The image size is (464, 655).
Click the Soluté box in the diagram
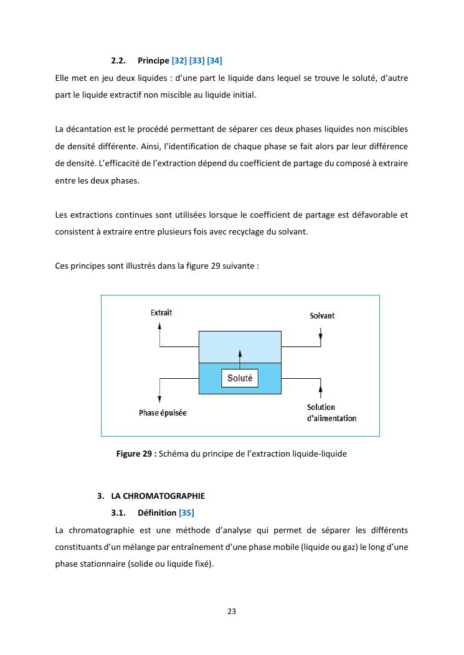[x=240, y=378]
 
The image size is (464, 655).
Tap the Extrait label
[x=161, y=312]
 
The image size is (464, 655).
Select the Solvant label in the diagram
[x=322, y=315]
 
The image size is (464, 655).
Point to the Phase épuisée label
[x=163, y=412]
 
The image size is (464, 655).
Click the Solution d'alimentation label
[x=331, y=413]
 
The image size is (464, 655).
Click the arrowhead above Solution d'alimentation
[x=321, y=389]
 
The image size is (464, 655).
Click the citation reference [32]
[x=179, y=60]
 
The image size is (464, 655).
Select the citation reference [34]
[x=214, y=60]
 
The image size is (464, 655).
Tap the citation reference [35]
[x=186, y=513]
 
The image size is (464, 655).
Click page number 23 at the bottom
[x=232, y=611]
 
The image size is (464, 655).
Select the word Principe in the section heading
[x=153, y=60]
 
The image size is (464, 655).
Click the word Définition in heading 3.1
[x=157, y=513]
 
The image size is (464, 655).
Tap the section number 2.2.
[x=118, y=60]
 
